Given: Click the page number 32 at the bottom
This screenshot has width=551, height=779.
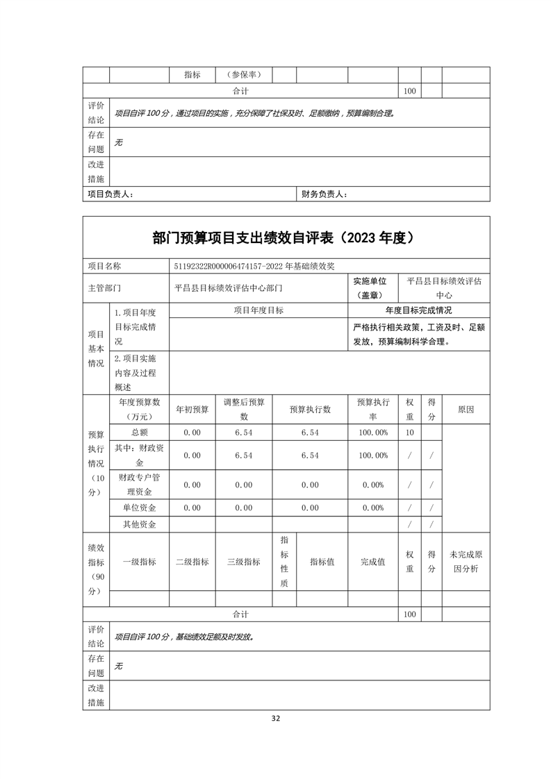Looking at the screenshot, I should tap(276, 719).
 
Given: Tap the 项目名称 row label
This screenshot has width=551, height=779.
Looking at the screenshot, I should tap(105, 266).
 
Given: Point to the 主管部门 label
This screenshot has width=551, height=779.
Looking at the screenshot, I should tap(105, 287).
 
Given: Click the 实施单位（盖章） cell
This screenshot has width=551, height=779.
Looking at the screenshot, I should tap(373, 287).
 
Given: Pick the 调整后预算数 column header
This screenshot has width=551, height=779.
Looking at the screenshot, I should tap(243, 410).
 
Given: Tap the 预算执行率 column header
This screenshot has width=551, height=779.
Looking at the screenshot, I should tap(372, 410).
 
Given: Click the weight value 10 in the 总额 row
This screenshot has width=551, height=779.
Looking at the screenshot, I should tap(409, 433).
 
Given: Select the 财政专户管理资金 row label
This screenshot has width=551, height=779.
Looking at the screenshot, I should tap(139, 485).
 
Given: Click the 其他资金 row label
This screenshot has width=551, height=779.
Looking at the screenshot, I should tap(139, 524).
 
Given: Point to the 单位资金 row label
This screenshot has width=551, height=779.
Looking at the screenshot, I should tap(139, 508).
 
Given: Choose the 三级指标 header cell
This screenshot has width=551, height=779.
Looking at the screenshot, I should tap(243, 562).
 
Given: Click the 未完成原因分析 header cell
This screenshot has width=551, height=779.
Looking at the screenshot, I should tap(466, 562).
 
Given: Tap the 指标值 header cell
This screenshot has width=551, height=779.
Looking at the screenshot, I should tap(322, 562).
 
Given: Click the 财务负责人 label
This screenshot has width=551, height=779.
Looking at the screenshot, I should tap(324, 194).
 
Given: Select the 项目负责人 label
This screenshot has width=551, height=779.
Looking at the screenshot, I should tap(110, 194).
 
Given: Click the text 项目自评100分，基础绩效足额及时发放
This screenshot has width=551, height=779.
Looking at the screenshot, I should tap(184, 636).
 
